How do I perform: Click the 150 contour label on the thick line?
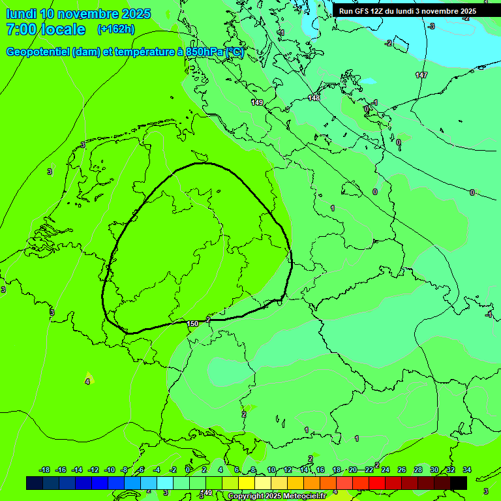(192, 324)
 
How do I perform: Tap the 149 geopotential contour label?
(257, 102)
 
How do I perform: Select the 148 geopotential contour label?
(314, 98)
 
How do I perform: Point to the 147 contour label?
(421, 76)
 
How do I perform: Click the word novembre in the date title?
(89, 14)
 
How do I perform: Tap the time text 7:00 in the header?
(20, 29)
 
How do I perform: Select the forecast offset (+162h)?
(115, 29)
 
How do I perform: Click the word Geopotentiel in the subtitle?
(38, 52)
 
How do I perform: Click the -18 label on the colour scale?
(45, 470)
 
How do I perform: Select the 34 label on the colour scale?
(467, 470)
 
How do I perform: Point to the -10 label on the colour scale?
(110, 470)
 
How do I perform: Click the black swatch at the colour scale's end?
(459, 483)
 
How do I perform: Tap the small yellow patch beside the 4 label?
(89, 378)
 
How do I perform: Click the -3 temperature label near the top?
(431, 26)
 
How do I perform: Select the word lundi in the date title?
(21, 14)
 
